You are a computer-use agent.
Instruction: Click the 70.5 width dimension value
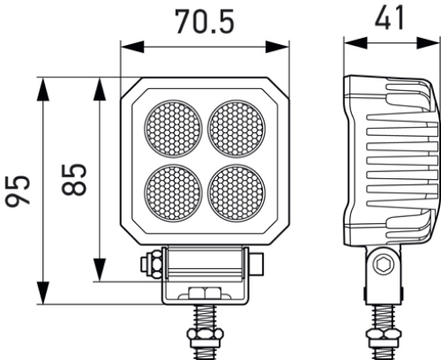tap(204, 21)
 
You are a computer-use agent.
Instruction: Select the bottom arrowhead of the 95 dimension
tap(42, 298)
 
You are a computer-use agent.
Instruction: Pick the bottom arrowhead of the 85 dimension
tap(101, 275)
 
